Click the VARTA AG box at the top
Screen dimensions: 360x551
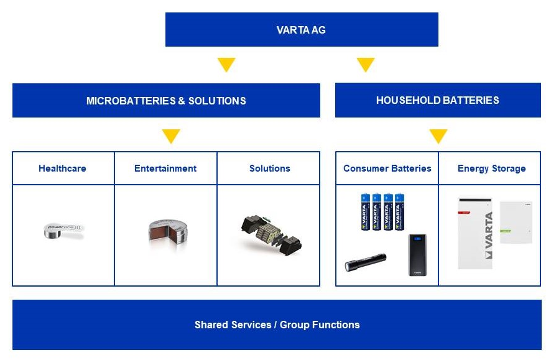coord(302,30)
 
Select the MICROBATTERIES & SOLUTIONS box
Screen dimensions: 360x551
coord(166,101)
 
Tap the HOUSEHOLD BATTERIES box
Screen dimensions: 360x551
coord(437,100)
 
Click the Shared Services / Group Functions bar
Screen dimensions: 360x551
coord(277,325)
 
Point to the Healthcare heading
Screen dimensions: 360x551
coord(62,168)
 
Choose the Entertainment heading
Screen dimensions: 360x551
coord(165,168)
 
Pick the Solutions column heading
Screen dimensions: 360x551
coord(269,168)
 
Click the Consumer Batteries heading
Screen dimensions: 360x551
coord(387,168)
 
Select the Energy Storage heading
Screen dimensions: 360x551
coord(491,168)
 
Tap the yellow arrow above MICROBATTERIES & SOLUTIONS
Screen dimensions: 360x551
coord(226,65)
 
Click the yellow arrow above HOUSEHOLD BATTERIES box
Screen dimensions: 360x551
coord(366,65)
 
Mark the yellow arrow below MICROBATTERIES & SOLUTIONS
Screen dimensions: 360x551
coord(170,136)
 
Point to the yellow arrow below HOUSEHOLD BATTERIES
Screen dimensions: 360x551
coord(438,136)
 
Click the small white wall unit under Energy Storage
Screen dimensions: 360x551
coord(516,221)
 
